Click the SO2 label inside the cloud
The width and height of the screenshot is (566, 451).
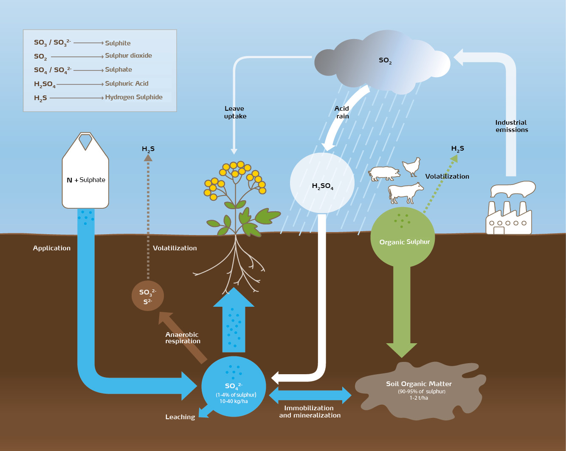coord(385,61)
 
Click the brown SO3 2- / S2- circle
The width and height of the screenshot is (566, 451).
coord(147,296)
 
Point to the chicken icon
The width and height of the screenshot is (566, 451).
coord(411,167)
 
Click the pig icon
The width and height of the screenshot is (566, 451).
coord(384,173)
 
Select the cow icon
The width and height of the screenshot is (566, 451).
coord(405,193)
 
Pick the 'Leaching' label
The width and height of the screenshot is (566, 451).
coord(180,417)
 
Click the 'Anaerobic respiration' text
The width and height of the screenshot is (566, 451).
coord(183,338)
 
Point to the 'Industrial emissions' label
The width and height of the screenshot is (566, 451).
coord(512,126)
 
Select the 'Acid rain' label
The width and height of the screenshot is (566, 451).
coord(342,112)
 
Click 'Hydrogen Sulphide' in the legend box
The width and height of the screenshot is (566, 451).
coord(134,97)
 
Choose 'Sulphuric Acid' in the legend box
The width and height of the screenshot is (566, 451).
coord(127,84)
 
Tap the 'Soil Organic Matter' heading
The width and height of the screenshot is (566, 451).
coord(419,384)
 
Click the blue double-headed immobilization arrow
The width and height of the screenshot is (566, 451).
coord(310,395)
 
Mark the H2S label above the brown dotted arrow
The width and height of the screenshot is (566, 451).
coord(148,149)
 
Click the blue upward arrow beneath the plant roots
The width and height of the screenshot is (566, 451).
coord(234,325)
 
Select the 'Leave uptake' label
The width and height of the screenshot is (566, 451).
coord(235,112)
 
